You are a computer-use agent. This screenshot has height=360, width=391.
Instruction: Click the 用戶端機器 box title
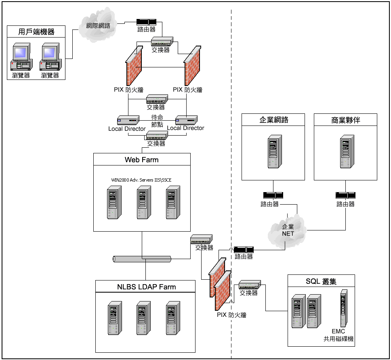pos(36,31)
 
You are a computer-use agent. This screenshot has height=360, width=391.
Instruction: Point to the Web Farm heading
pos(141,160)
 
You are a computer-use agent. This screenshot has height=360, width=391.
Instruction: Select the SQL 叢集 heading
pos(321,281)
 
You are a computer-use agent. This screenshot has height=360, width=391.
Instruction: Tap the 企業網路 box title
pos(273,120)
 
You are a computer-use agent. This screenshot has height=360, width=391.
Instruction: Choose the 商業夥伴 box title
pos(345,120)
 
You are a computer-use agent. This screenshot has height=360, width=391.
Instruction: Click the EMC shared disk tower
pos(343,308)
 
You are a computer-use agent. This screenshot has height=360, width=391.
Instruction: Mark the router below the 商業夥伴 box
pos(345,195)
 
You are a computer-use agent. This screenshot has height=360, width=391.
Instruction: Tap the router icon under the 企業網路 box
pos(273,195)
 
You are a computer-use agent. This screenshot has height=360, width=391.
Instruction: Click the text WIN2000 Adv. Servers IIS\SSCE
pos(144,180)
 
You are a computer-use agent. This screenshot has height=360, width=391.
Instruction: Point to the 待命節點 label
pos(157,121)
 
